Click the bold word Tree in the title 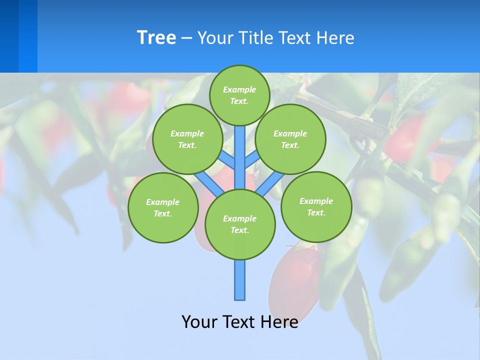click(156, 37)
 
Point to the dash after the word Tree click(186, 38)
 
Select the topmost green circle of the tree click(239, 95)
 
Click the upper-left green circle click(187, 139)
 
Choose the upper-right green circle click(290, 139)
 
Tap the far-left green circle click(163, 207)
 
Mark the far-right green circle click(316, 206)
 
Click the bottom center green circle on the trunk click(240, 224)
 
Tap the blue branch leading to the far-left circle click(207, 182)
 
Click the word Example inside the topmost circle click(239, 89)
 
